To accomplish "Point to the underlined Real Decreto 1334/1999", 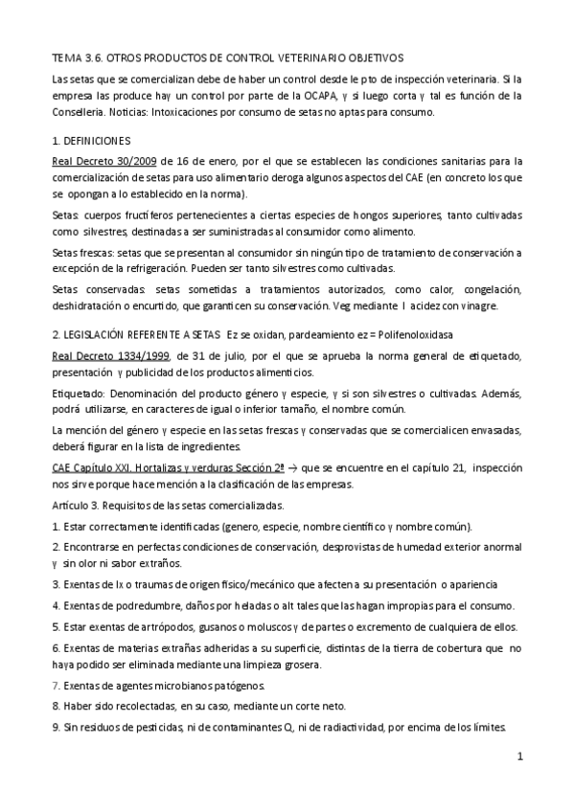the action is coord(110,354).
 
